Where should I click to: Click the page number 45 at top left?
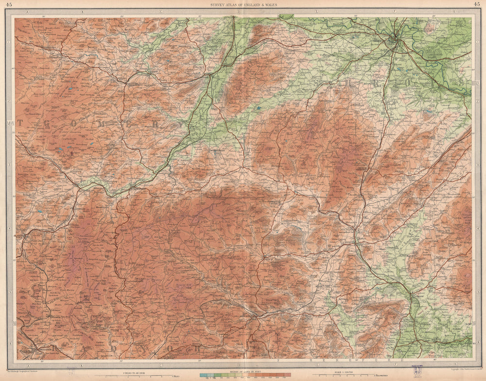tap(9, 4)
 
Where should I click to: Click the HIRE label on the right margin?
tap(475, 84)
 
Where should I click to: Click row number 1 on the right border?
tap(476, 43)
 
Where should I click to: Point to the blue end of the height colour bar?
tap(203, 375)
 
